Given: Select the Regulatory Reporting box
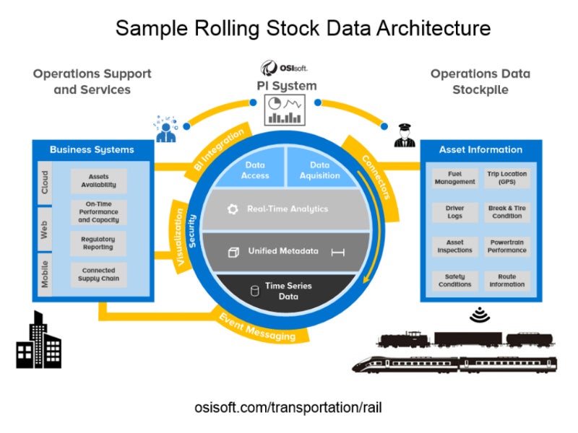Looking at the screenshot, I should (98, 242).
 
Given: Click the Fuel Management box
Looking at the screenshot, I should (454, 178).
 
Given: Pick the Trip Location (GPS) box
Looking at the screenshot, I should (506, 178).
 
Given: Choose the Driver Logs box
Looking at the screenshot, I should (454, 211).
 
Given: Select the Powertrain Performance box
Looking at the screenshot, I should (506, 246).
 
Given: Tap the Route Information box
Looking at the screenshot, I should (506, 280).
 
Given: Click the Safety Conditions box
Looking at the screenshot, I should (454, 280).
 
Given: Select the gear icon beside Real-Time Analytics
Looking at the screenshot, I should (232, 209).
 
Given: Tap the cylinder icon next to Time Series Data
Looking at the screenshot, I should (254, 291).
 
